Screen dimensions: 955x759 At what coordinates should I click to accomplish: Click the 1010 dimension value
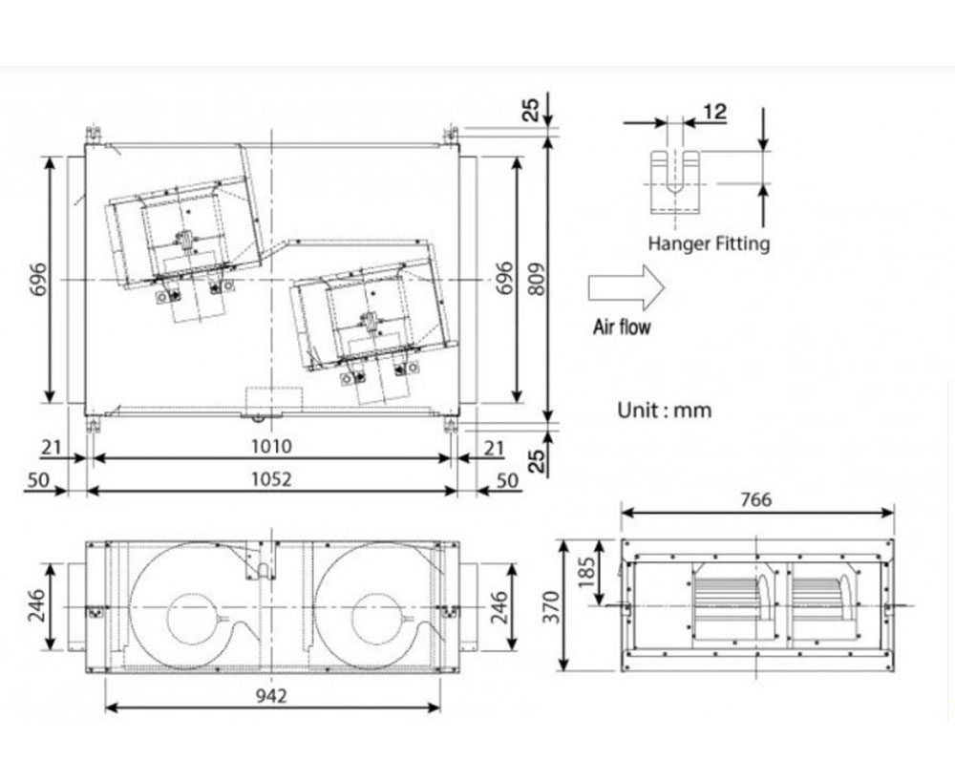(x=271, y=446)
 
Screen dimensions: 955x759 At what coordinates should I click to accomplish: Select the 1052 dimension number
(x=271, y=479)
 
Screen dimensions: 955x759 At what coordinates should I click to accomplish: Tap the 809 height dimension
(x=536, y=280)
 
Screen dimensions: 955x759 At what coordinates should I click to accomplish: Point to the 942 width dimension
(x=271, y=695)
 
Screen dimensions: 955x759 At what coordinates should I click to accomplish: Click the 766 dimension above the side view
(x=755, y=499)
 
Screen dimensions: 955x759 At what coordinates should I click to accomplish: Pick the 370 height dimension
(x=551, y=607)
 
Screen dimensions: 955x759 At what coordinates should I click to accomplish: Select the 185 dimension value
(x=586, y=572)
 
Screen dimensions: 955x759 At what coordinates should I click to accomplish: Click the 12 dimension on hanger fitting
(x=715, y=112)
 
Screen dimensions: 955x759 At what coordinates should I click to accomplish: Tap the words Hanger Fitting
(x=709, y=243)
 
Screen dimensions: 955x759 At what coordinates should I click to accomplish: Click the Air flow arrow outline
(x=626, y=287)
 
